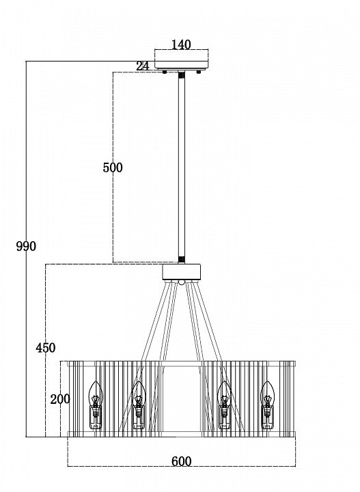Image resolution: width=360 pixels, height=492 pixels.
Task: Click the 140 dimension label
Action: point(181,45)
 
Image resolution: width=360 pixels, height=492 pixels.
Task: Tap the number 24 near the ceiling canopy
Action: point(143,66)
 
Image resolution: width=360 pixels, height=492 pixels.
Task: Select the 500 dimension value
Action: point(113,167)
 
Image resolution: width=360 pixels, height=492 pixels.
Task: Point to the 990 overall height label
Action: point(26,246)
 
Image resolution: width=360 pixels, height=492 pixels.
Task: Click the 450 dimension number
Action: point(46,348)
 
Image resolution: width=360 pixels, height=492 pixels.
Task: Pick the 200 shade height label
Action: point(60,400)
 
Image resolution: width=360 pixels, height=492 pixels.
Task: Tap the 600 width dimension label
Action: point(181,461)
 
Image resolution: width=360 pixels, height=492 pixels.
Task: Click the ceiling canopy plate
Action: point(181,66)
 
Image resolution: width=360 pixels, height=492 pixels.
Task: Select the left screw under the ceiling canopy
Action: point(164,72)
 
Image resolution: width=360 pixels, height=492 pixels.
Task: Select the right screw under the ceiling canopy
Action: point(198,72)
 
